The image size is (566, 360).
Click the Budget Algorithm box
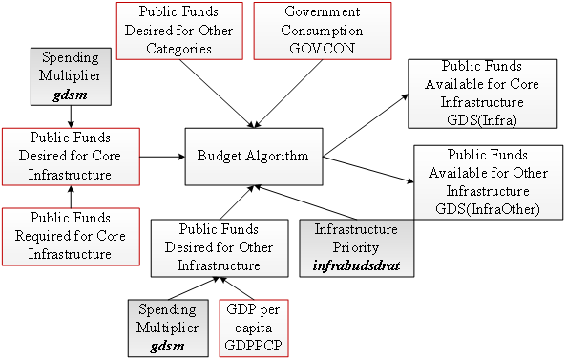tap(253, 154)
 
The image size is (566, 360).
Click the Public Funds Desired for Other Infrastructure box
tap(220, 246)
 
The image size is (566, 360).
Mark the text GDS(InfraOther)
tap(487, 208)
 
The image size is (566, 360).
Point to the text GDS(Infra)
tap(474, 118)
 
